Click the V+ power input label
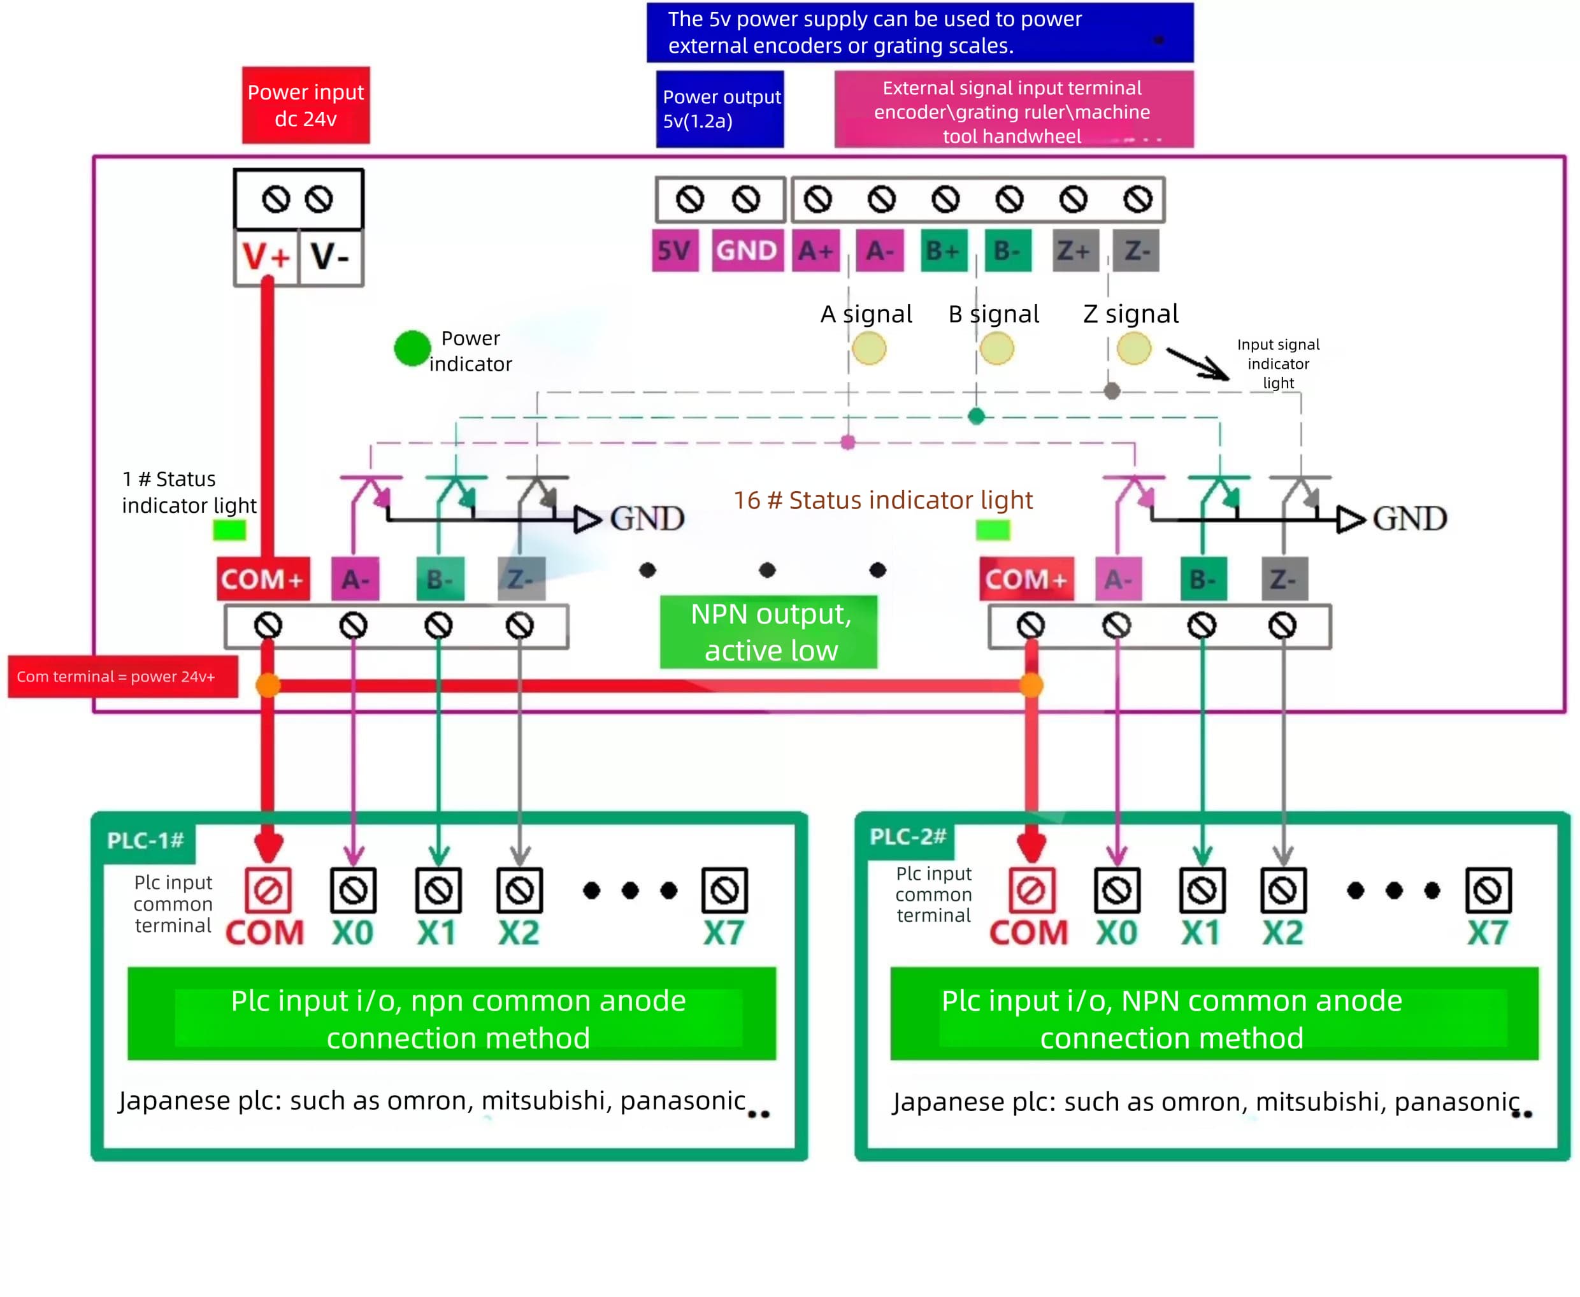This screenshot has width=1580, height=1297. click(x=266, y=257)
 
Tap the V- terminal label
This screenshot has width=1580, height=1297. click(x=330, y=257)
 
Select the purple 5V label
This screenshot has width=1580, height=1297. click(x=675, y=250)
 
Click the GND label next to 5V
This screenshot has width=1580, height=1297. click(x=746, y=250)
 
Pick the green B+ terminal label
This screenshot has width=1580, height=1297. click(x=943, y=250)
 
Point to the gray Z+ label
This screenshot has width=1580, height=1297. click(x=1074, y=250)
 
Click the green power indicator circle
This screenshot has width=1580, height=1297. click(x=412, y=348)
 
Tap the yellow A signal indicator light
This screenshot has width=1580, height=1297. click(x=868, y=348)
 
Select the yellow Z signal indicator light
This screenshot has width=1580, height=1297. click(x=1133, y=348)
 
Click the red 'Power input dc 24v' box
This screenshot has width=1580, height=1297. click(x=306, y=105)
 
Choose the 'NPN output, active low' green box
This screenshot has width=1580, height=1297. click(x=769, y=631)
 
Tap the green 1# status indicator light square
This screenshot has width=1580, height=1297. click(x=229, y=530)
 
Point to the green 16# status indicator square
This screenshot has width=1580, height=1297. click(x=992, y=530)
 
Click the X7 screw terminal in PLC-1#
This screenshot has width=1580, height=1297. click(x=724, y=890)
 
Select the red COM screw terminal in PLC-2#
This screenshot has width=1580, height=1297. click(x=1031, y=890)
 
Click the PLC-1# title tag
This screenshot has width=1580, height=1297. click(x=147, y=840)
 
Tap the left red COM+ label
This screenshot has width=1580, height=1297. click(x=263, y=579)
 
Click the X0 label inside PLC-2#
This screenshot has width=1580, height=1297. click(x=1116, y=933)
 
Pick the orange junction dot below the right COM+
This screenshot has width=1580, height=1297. click(x=1031, y=684)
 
